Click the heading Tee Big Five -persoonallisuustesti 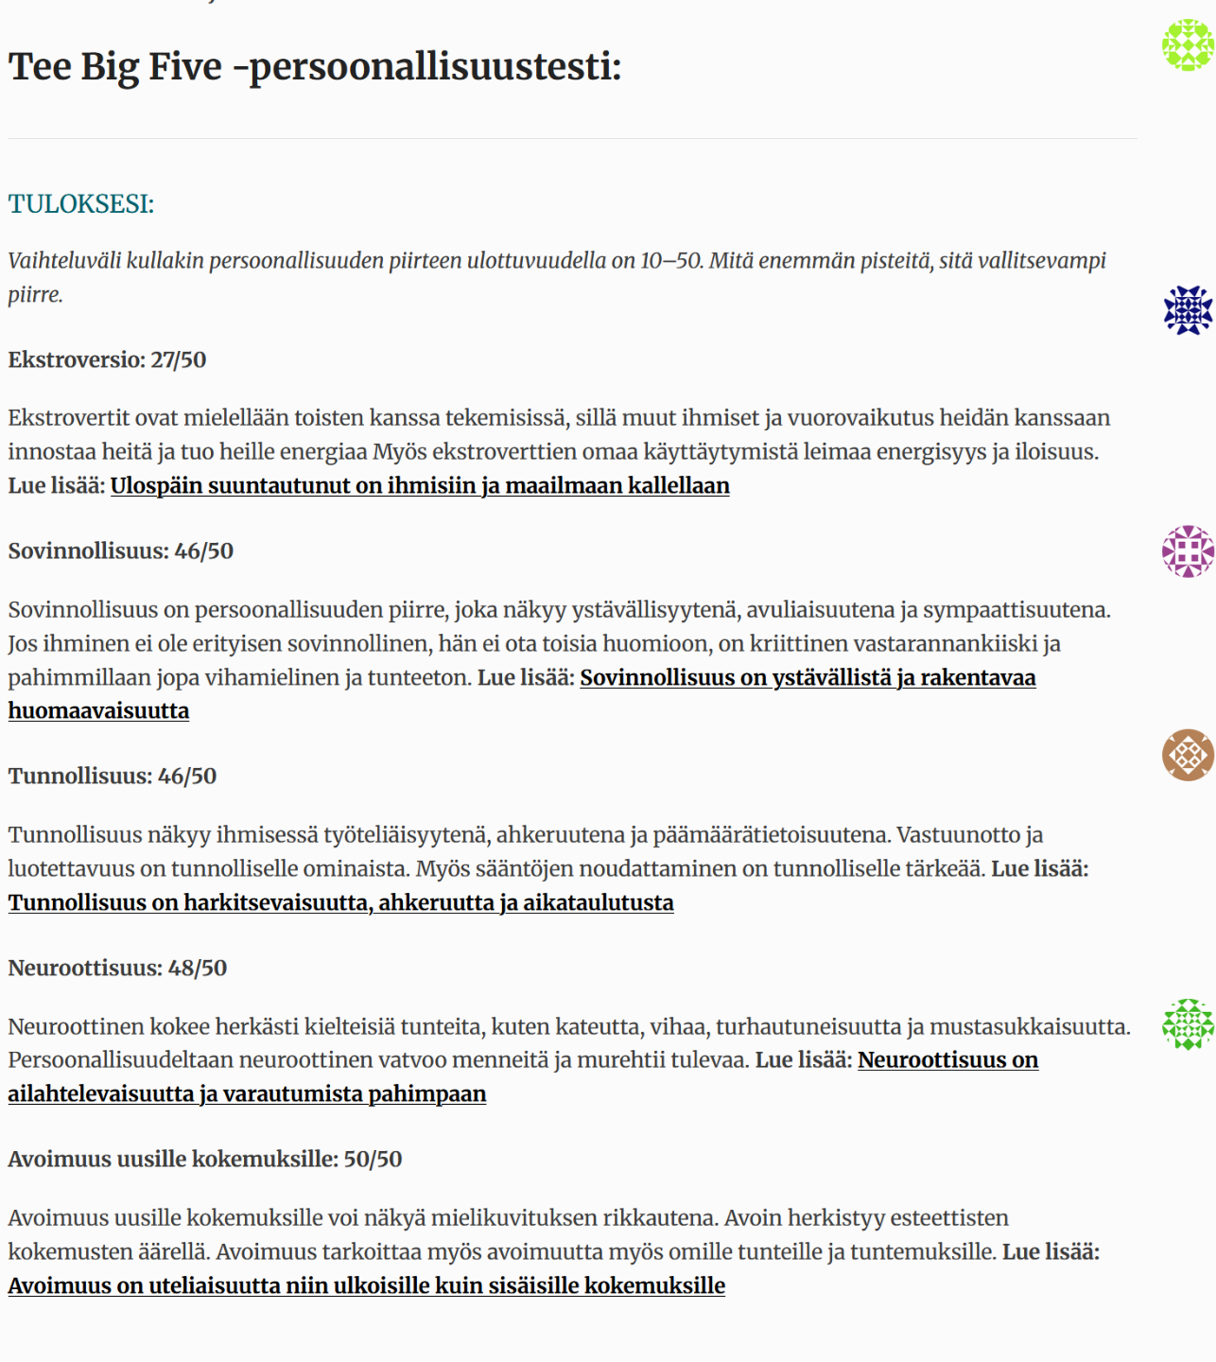(315, 67)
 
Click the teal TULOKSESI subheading (81, 204)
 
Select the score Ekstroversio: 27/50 (107, 360)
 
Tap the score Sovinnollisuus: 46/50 (120, 551)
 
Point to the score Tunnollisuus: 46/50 (113, 777)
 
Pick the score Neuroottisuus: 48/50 (117, 969)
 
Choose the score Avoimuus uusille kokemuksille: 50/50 (205, 1160)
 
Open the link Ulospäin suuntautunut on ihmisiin (420, 486)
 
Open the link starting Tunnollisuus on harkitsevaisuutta (340, 903)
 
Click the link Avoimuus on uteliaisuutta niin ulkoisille (367, 1286)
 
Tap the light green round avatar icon (1188, 44)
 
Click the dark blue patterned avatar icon (1188, 310)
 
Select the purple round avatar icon (1188, 551)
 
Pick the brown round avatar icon (1188, 755)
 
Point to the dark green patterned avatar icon (1188, 1024)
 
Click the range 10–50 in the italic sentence (671, 261)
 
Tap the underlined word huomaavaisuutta (98, 711)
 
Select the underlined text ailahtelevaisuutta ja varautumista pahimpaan (247, 1094)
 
